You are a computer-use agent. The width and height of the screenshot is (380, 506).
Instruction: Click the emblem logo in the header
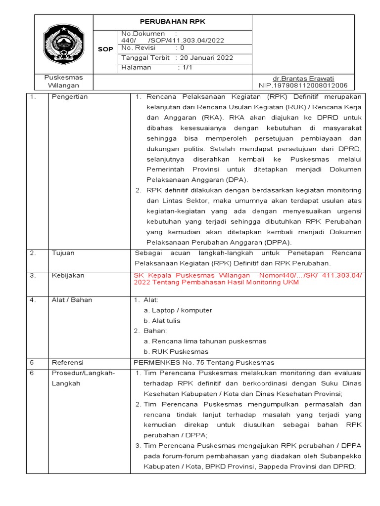[x=64, y=44]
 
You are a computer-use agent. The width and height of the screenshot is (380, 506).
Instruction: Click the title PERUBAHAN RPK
[x=172, y=22]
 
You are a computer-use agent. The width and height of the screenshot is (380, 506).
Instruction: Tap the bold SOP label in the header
[x=106, y=49]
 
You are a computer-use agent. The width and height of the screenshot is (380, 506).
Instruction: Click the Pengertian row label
[x=70, y=97]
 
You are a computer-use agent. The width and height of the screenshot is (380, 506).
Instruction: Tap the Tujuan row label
[x=63, y=253]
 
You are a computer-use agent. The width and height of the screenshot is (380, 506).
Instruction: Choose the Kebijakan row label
[x=68, y=276]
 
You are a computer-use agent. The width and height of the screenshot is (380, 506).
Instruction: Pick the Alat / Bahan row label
[x=72, y=300]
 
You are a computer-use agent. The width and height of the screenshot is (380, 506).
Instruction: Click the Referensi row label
[x=68, y=362]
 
